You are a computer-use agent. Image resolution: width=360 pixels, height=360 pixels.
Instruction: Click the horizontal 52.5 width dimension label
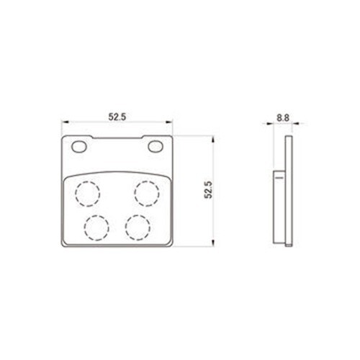(x=117, y=117)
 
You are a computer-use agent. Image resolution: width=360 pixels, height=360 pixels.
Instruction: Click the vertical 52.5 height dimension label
(x=208, y=190)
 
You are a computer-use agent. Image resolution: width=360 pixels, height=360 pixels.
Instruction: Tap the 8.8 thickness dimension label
(x=283, y=118)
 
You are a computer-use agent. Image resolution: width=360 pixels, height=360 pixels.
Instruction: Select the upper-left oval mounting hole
(x=79, y=147)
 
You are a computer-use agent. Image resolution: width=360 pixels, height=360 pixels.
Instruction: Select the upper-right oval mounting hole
(x=156, y=147)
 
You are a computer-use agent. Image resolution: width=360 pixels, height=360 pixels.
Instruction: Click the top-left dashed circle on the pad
(x=87, y=194)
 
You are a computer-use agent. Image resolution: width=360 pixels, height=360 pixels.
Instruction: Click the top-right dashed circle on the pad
(x=147, y=194)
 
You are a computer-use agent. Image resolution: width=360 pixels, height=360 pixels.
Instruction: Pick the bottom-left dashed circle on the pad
(x=96, y=228)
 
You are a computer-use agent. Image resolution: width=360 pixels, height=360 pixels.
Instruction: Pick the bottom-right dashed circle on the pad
(x=138, y=228)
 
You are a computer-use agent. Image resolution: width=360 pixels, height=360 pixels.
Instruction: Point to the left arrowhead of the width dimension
(x=65, y=122)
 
